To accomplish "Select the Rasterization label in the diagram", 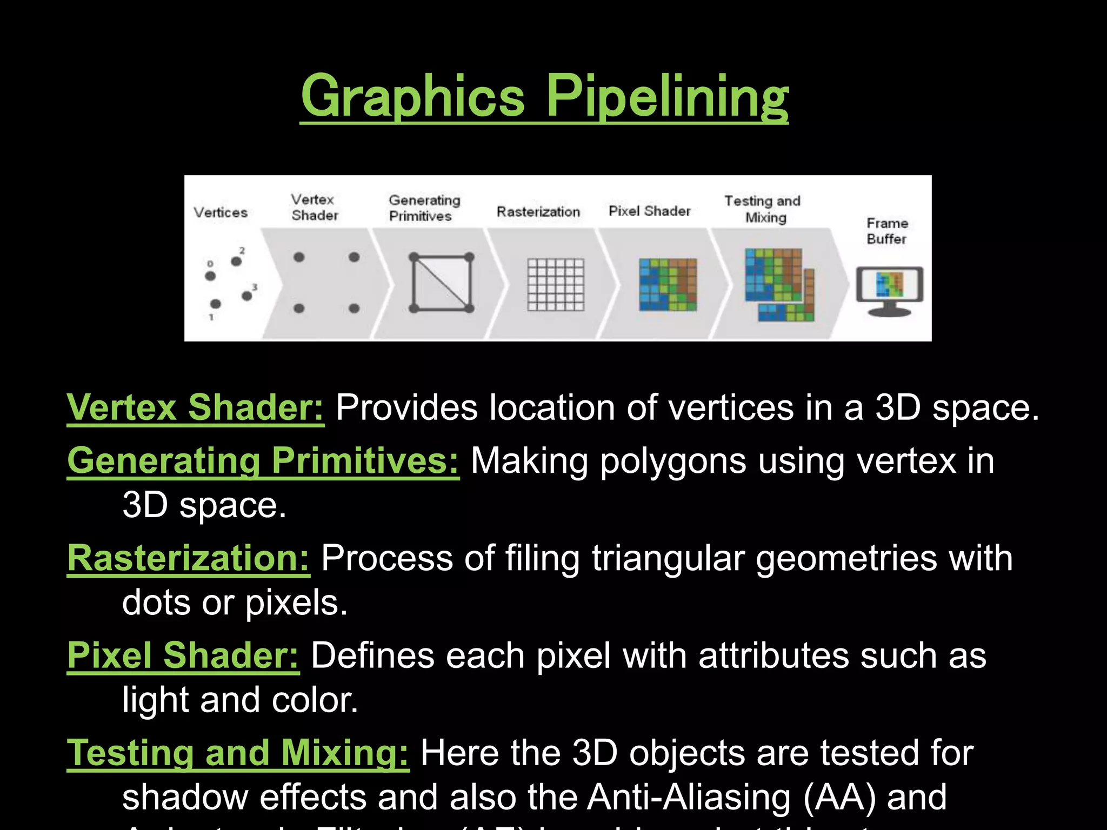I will (538, 211).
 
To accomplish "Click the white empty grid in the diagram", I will (556, 284).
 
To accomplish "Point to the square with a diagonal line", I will (442, 283).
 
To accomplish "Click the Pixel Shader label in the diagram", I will (649, 211).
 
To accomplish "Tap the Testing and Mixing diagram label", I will (763, 209).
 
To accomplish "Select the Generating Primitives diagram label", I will (424, 208).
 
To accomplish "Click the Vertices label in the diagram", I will (221, 212).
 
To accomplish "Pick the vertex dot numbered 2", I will (236, 262).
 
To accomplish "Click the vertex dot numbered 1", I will (215, 304).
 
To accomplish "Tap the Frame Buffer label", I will (887, 231).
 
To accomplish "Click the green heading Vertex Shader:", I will (195, 407).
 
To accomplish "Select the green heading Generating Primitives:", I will (263, 461).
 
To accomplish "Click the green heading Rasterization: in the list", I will (188, 558).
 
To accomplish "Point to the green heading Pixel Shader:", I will (183, 655).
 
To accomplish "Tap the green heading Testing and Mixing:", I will (238, 753).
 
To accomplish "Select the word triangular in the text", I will (668, 558).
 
